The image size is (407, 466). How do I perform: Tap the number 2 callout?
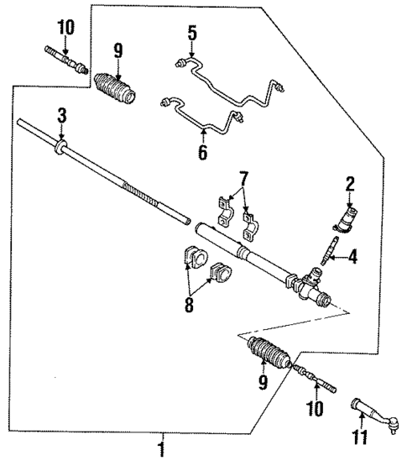350,183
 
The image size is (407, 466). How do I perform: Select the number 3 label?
61,113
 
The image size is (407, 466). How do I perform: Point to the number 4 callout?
353,257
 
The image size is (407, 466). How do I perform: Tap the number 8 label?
190,303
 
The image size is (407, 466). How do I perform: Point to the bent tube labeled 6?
206,118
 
